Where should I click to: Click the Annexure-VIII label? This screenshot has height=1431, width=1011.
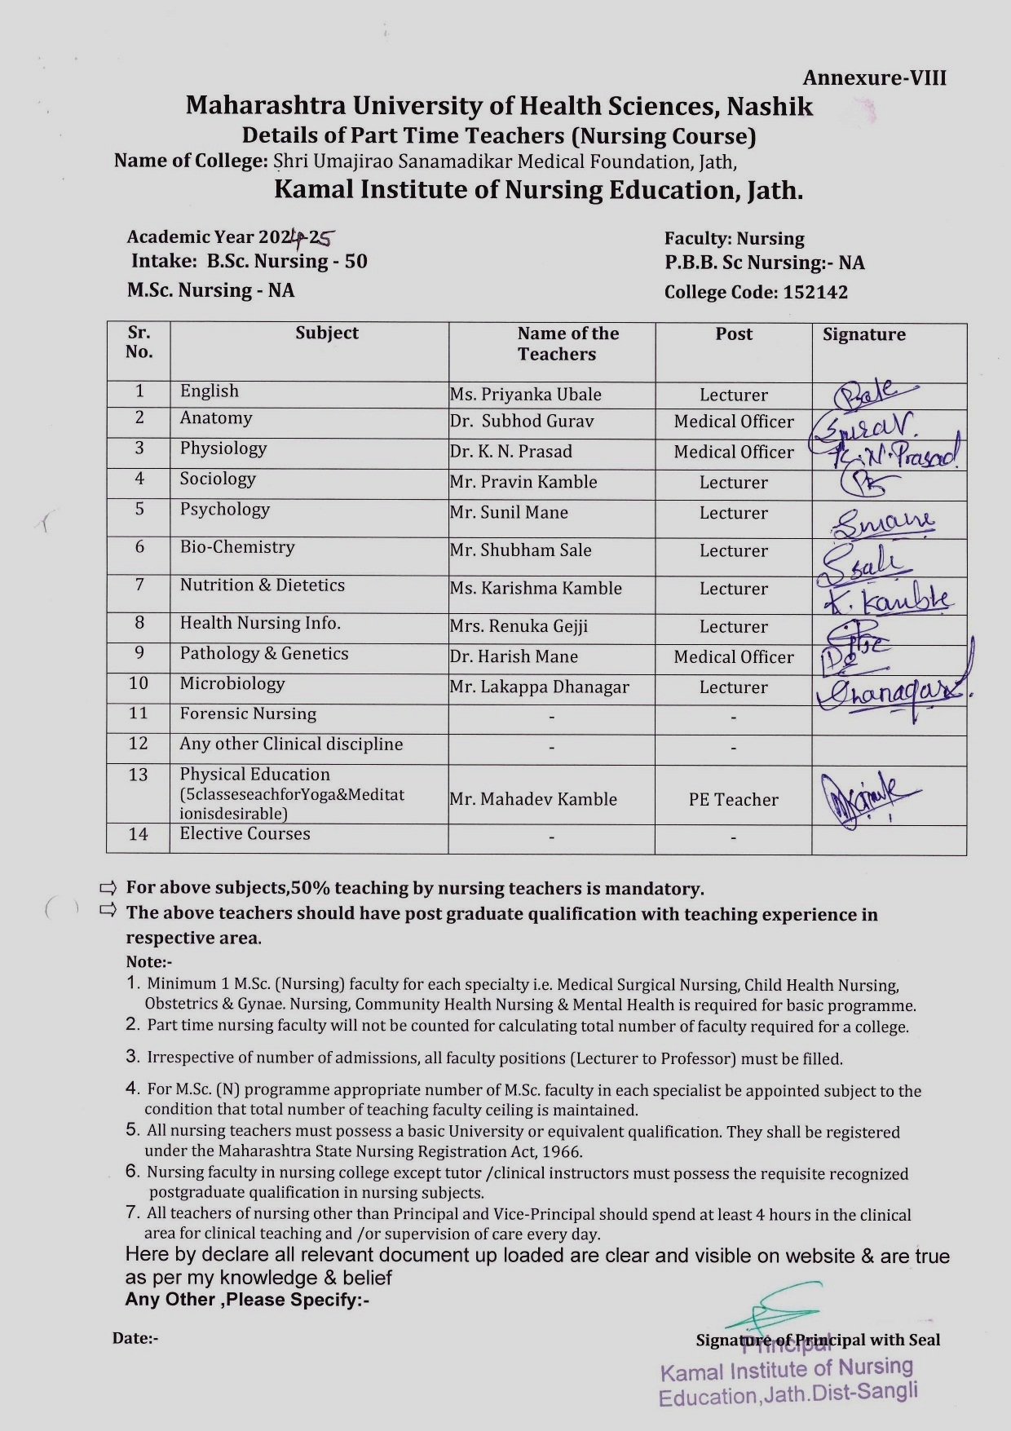(x=874, y=78)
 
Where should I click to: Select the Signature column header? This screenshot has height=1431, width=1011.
(x=863, y=334)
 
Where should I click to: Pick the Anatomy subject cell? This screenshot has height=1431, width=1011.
(x=216, y=418)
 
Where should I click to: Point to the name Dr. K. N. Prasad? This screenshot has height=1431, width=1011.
(x=511, y=452)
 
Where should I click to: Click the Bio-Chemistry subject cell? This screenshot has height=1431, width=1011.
(x=237, y=547)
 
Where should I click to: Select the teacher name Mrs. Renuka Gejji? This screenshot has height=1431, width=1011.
(x=519, y=626)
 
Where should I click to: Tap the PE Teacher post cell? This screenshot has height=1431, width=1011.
(x=734, y=800)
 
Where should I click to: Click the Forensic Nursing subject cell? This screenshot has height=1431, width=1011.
(x=248, y=714)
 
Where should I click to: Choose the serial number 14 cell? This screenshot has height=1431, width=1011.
(x=139, y=834)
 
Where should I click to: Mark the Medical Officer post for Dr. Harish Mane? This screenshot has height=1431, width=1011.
(x=734, y=657)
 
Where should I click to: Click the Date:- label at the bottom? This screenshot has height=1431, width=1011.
(x=135, y=1338)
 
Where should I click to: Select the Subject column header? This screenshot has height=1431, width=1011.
(x=327, y=333)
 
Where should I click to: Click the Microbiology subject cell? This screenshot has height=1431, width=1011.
(x=232, y=684)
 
